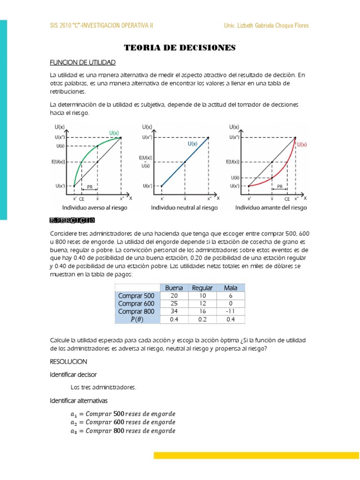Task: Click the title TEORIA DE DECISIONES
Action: point(180,48)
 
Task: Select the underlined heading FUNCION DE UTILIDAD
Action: point(82,62)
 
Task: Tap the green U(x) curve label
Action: point(114,133)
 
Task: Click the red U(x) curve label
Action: point(302,145)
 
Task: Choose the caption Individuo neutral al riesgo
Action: point(184,207)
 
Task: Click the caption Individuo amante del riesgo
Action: point(271,207)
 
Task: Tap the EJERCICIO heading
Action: point(73,220)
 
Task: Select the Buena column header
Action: point(173,288)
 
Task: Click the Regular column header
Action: point(202,288)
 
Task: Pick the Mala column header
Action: point(231,288)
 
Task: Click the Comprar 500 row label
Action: point(137,296)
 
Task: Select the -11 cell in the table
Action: point(231,311)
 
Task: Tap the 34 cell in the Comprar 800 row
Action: point(173,311)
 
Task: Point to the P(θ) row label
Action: point(137,320)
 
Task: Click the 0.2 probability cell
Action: point(202,320)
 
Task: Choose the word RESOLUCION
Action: point(68,362)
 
